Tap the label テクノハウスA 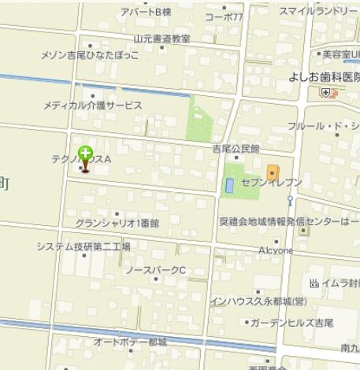click(83, 159)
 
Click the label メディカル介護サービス click(92, 105)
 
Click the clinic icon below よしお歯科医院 click(325, 92)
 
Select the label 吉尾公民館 click(236, 148)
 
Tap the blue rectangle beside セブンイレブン click(229, 186)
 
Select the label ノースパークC click(155, 270)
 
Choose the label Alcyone click(275, 250)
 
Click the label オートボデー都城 click(131, 342)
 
